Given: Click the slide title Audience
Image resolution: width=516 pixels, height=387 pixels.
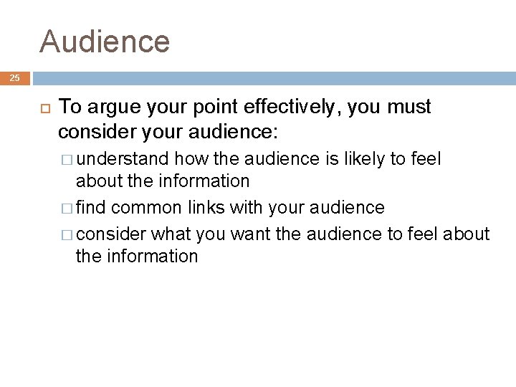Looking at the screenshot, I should click(x=105, y=41).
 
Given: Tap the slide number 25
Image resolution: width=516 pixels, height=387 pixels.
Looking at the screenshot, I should click(x=15, y=78).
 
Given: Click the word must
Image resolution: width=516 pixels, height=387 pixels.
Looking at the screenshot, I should click(x=409, y=107).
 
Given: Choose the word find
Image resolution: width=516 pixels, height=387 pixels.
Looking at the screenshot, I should click(x=91, y=208).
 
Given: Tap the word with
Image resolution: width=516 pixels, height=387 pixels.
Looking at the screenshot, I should click(x=247, y=208).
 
